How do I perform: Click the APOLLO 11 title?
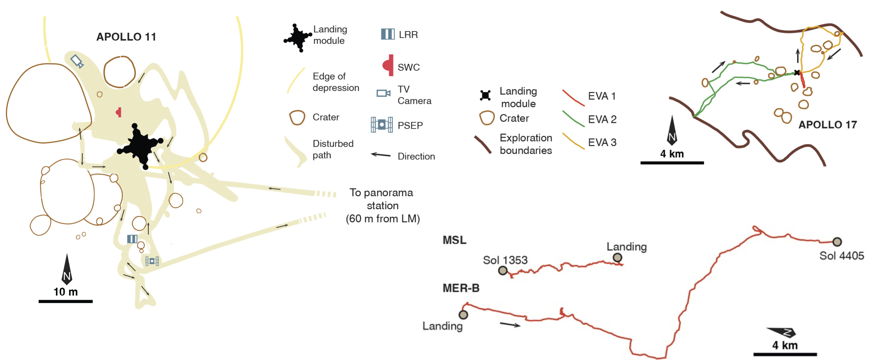(126, 37)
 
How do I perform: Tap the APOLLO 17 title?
(827, 125)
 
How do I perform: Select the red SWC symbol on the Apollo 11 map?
(119, 112)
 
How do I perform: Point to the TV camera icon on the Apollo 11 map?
(77, 61)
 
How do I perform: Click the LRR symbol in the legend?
(388, 34)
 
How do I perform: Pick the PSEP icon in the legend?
(381, 125)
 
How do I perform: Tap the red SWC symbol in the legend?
(388, 65)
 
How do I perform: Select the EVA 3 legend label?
(602, 142)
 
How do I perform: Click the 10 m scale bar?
(65, 301)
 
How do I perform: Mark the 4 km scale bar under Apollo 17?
(672, 163)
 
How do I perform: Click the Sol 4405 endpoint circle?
(837, 242)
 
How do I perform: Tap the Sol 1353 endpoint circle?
(503, 271)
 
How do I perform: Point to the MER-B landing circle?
(463, 315)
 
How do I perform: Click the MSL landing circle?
(617, 257)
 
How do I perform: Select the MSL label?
(454, 240)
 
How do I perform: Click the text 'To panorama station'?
(382, 199)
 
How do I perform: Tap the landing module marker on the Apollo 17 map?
(797, 73)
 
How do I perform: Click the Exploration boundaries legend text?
(525, 144)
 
